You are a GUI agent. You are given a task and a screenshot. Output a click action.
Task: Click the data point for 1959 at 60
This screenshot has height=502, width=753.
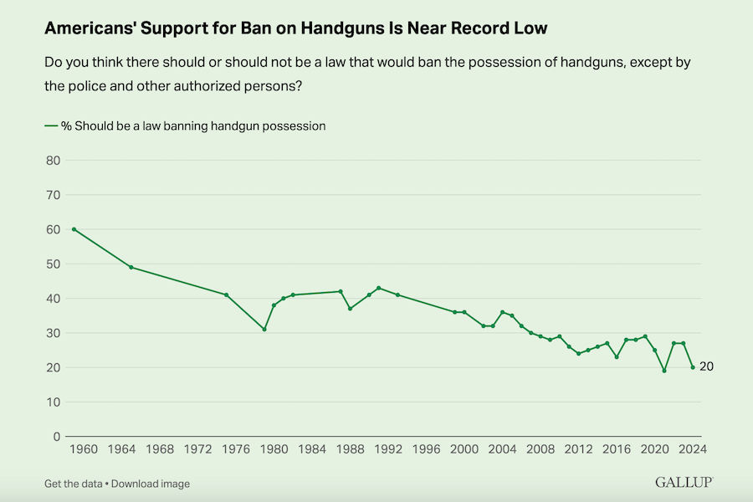(x=74, y=229)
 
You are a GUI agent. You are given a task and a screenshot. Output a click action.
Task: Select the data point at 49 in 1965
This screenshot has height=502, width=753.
(x=131, y=267)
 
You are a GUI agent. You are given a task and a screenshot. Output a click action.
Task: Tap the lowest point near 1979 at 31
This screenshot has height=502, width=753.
(x=264, y=330)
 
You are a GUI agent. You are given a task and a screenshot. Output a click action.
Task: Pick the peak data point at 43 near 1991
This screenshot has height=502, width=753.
(x=379, y=288)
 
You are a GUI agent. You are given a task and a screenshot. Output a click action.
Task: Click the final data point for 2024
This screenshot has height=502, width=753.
(x=693, y=367)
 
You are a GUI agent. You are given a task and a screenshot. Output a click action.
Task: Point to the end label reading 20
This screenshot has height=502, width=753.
(x=706, y=366)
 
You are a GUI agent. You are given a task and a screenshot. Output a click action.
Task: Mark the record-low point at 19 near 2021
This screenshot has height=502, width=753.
(x=664, y=371)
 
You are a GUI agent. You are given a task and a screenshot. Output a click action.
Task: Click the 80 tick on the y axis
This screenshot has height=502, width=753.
(x=52, y=160)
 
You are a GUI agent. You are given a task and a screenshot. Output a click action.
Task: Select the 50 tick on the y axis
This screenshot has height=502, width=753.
(x=52, y=264)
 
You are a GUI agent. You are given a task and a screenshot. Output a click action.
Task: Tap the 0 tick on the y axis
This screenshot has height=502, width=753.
(x=55, y=437)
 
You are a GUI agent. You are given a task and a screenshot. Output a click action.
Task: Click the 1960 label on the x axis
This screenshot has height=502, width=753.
(x=84, y=449)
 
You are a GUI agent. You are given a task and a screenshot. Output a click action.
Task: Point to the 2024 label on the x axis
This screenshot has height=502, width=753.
(x=693, y=449)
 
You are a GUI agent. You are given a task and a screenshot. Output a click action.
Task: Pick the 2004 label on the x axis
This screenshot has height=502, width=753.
(x=503, y=449)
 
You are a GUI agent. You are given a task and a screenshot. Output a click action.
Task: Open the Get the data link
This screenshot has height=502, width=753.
(x=74, y=484)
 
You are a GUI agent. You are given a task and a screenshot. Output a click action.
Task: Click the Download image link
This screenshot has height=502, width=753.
(x=151, y=484)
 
